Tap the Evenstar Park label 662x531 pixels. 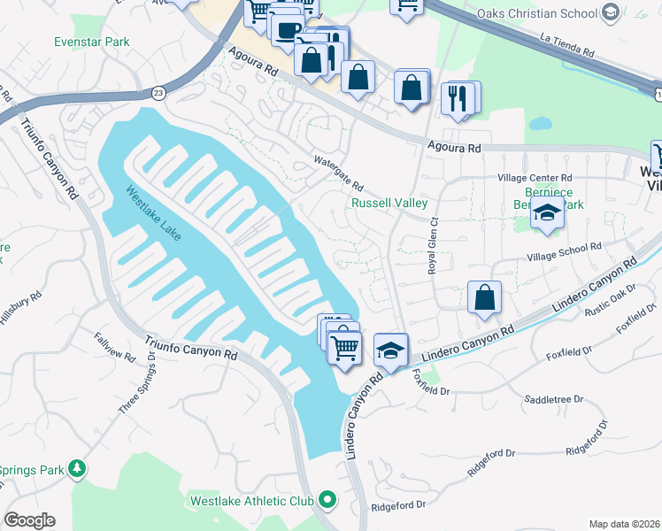point(91,42)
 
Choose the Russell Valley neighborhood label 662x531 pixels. point(389,203)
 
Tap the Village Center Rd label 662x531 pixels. point(535,177)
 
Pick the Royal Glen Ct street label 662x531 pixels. point(434,248)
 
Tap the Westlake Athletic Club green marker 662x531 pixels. point(327,501)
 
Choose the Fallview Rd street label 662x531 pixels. point(115,347)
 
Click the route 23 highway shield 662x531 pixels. point(158,91)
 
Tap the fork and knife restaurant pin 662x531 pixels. point(458,96)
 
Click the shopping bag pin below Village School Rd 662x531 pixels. point(484,298)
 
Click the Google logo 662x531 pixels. point(29,519)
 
